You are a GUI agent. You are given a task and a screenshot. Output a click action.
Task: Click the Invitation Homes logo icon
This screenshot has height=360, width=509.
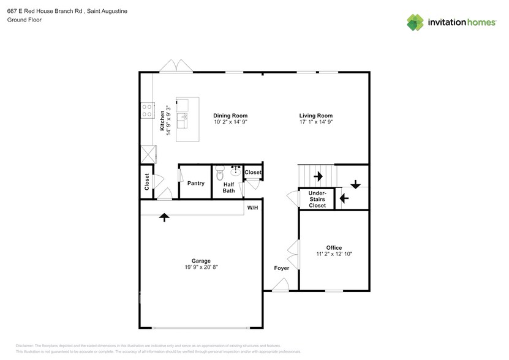click(x=415, y=22)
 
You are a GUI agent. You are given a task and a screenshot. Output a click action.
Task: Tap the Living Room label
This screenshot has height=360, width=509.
click(x=315, y=115)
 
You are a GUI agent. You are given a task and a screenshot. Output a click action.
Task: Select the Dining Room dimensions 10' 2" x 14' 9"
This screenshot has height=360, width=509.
click(x=230, y=122)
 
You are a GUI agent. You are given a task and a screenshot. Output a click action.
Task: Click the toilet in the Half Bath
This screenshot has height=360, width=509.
click(x=221, y=172)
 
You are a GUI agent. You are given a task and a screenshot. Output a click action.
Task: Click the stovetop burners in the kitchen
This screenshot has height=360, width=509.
click(x=147, y=111)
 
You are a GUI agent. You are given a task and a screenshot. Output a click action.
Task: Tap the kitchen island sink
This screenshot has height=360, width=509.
click(x=181, y=117)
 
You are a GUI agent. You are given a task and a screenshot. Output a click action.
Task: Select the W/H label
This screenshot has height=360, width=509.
click(x=252, y=208)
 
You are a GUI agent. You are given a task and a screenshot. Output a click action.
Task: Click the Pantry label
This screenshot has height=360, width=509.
click(x=195, y=183)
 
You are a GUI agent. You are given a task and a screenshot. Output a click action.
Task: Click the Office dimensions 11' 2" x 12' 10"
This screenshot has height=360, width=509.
click(x=334, y=254)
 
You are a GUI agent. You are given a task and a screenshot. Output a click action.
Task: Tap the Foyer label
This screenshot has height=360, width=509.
click(x=281, y=268)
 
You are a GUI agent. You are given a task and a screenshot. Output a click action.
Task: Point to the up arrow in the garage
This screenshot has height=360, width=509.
click(x=164, y=216)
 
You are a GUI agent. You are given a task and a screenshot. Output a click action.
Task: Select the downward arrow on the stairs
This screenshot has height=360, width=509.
click(x=355, y=182)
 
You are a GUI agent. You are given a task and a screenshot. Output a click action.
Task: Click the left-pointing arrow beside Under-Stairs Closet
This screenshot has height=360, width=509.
click(x=344, y=198)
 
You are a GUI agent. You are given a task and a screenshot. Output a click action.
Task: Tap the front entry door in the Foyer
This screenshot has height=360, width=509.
click(x=280, y=284)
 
